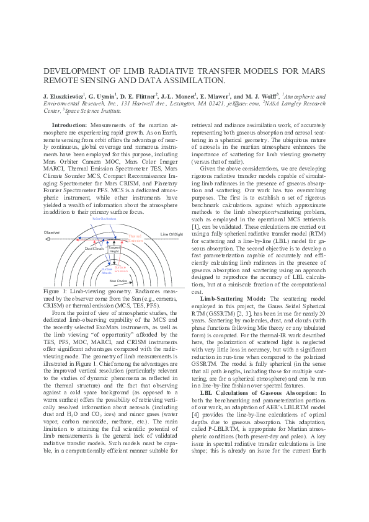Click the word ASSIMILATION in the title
[189, 81]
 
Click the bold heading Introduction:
[69, 125]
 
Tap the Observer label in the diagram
[51, 232]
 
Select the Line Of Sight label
[171, 234]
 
